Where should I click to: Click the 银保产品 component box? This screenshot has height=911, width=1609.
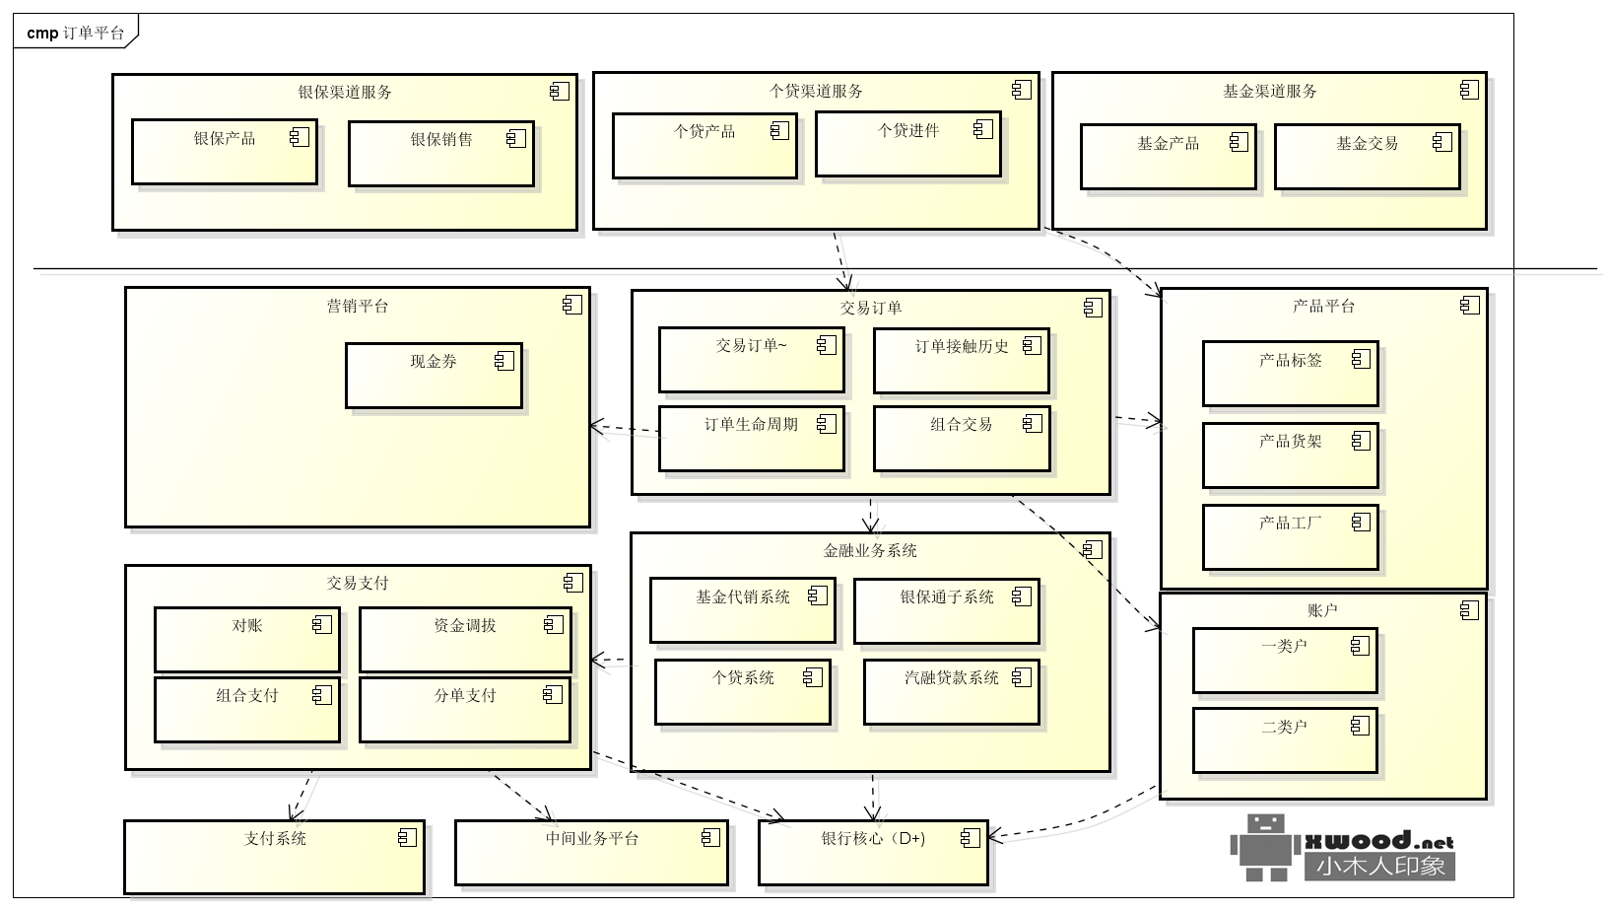coord(225,152)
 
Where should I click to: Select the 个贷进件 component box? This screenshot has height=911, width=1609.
coord(907,144)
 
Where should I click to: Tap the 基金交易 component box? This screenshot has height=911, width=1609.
coord(1367,157)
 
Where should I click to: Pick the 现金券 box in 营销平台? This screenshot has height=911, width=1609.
coord(434,375)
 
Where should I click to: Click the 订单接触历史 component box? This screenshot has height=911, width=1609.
coord(961,360)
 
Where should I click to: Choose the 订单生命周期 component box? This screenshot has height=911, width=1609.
coord(751,438)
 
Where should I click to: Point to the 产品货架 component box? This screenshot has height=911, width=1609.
coord(1290,455)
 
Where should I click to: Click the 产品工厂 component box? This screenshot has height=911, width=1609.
coord(1290,536)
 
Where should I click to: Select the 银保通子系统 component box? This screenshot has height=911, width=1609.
coord(946,610)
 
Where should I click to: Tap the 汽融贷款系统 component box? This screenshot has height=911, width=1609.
coord(951,691)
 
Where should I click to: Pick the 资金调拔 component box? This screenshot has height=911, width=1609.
coord(464,639)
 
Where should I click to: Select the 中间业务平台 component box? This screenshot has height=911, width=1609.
coord(591,853)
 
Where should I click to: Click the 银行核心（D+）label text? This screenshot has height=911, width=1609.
coord(873,839)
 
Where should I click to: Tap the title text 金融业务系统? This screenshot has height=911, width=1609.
coord(870,551)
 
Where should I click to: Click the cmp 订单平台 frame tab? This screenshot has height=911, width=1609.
coord(75,33)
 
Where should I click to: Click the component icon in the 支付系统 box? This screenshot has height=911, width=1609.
coord(407,838)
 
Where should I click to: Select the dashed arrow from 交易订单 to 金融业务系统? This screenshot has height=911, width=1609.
coord(871,514)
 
